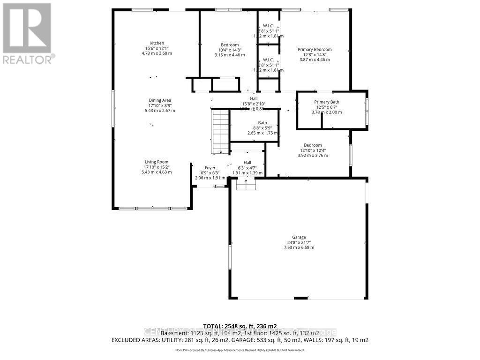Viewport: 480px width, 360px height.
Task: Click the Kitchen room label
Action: (x=157, y=43)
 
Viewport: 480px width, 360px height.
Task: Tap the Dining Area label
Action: (x=160, y=100)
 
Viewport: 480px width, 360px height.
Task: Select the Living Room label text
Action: (x=156, y=162)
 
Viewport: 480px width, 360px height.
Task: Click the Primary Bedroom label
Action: (x=315, y=49)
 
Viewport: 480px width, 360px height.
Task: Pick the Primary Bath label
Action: (x=327, y=102)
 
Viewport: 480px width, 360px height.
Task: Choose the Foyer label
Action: (x=210, y=168)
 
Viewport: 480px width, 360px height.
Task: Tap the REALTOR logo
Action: (x=28, y=33)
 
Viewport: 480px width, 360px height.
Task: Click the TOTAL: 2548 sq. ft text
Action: (x=240, y=326)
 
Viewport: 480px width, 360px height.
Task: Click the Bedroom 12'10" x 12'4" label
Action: (x=313, y=145)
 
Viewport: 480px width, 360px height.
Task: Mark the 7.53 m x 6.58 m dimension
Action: (x=299, y=247)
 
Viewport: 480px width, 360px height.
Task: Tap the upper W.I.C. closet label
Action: (x=268, y=26)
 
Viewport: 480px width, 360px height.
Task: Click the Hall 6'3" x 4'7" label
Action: (x=247, y=163)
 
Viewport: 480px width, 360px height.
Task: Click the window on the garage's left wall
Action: (x=230, y=257)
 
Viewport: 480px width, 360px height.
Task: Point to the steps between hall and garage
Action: (x=246, y=185)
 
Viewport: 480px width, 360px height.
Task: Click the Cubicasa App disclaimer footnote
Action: (x=240, y=350)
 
